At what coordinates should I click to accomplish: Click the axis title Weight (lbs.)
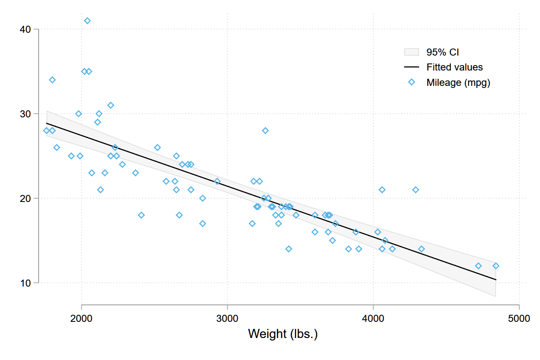point(283,334)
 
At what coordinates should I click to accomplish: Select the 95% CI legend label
point(443,52)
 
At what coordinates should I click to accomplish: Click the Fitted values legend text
point(455,67)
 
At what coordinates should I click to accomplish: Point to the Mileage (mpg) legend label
point(458,83)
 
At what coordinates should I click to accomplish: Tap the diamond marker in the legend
point(411,82)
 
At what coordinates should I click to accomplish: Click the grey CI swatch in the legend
point(411,52)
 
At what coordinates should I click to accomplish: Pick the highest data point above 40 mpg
point(87,21)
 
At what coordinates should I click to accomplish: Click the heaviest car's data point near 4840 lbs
point(496,266)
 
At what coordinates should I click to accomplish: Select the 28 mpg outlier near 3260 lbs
point(265,131)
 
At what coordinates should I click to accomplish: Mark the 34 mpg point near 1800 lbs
point(52,80)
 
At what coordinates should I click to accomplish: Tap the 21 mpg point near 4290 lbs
point(416,190)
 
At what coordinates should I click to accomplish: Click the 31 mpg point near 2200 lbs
point(111,105)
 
